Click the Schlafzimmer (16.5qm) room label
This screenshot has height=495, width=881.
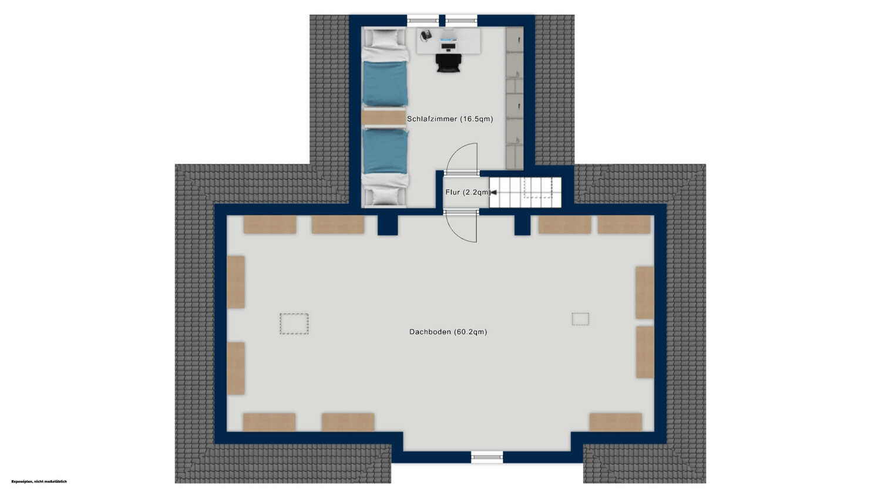point(450,119)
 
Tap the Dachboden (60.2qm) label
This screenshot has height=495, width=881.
point(448,332)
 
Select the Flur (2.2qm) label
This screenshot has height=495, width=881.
point(468,192)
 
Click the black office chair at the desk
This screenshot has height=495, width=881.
point(448,63)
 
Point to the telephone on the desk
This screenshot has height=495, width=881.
point(426,35)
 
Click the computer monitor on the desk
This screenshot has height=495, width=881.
point(449,41)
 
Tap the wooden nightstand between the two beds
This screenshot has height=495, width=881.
point(384,117)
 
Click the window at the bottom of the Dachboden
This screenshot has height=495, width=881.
point(487,456)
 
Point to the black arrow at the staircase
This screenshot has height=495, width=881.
point(493,192)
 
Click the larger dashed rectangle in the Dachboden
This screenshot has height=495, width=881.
point(294,324)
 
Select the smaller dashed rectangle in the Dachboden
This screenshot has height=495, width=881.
point(580,319)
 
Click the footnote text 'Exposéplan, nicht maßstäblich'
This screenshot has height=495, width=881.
point(39,481)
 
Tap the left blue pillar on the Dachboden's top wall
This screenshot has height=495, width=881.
point(388,225)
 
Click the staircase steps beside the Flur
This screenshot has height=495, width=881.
point(525,192)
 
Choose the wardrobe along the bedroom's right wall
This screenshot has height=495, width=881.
point(515,98)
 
